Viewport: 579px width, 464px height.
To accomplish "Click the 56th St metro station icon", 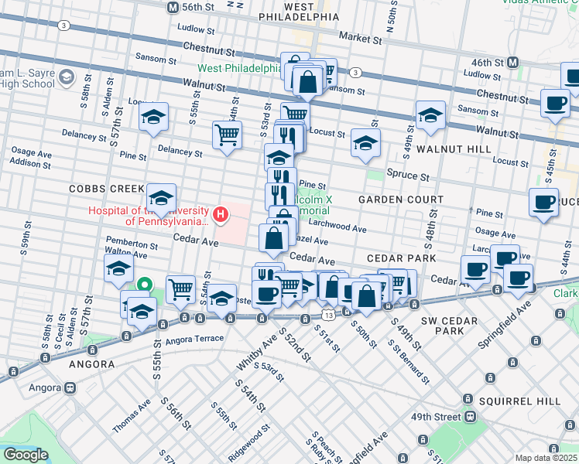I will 173,6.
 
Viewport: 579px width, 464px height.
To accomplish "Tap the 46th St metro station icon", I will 512,62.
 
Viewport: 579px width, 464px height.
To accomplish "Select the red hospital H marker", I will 221,214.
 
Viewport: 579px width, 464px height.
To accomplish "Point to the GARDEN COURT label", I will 393,199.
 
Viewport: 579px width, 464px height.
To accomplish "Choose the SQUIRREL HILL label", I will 516,401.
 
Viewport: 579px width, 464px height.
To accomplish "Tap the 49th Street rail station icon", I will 469,416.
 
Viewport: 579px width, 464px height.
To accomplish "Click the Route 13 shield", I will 330,316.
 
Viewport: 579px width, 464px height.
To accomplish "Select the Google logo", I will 26,455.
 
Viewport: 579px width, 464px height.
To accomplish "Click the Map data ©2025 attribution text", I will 546,458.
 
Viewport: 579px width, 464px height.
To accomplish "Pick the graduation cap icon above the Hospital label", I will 161,199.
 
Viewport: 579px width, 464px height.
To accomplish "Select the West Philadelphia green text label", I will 241,68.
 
